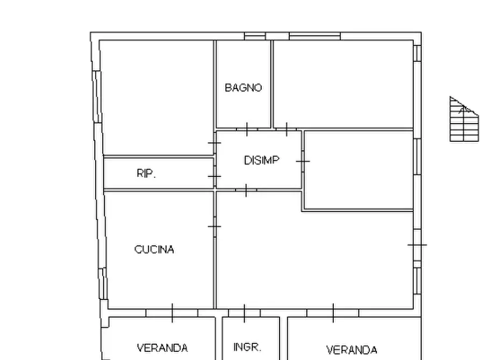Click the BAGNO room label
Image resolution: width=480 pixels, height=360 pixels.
click(x=243, y=88)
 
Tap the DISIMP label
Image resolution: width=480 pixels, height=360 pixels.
click(x=262, y=160)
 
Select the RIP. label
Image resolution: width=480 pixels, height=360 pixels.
click(x=146, y=174)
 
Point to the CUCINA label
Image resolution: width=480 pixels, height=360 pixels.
click(x=154, y=249)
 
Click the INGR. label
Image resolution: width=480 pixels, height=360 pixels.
click(x=247, y=347)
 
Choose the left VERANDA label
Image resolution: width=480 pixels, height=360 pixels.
click(x=162, y=348)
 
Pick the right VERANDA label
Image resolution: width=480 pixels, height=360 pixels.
click(x=352, y=350)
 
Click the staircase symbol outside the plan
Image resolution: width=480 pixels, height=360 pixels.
click(x=463, y=120)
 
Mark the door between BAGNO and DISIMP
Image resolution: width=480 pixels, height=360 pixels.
click(x=247, y=129)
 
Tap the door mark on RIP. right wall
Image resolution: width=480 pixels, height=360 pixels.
click(x=214, y=176)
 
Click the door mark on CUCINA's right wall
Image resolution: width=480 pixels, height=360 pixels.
click(x=214, y=227)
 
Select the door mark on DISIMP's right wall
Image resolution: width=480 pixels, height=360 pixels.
click(x=303, y=161)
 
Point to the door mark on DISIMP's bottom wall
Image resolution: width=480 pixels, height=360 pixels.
click(x=246, y=190)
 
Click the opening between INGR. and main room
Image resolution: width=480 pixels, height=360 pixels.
click(x=245, y=312)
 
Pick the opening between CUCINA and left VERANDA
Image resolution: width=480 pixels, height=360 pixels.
click(x=172, y=312)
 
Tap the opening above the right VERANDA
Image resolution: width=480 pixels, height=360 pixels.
click(x=333, y=312)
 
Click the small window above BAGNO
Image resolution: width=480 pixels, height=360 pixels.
click(x=255, y=36)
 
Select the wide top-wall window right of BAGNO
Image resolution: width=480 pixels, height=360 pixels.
click(x=314, y=36)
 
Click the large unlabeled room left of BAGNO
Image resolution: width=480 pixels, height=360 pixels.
click(x=157, y=97)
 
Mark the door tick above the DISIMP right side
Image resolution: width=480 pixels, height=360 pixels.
click(x=286, y=129)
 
